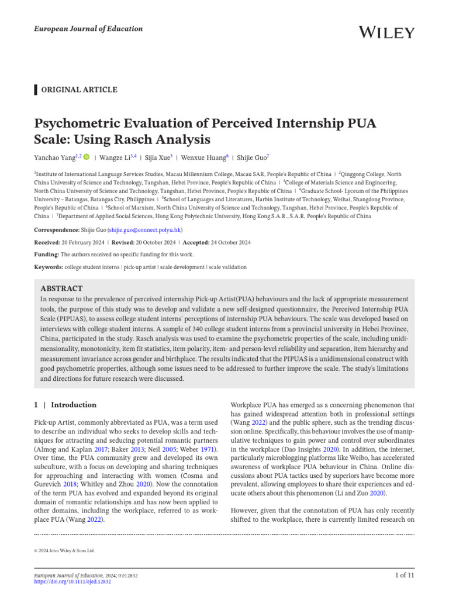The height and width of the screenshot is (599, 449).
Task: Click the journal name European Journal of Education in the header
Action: click(88, 29)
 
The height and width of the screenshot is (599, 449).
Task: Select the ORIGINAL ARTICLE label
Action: click(78, 89)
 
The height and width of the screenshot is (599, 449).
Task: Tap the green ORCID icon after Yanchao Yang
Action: click(87, 157)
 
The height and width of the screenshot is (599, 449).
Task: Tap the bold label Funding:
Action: click(46, 254)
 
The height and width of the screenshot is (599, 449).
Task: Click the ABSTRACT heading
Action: click(61, 288)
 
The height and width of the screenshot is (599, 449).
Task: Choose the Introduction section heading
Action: click(74, 405)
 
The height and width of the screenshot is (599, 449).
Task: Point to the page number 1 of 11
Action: click(405, 576)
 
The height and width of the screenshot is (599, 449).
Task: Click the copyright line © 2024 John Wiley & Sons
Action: click(65, 550)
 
